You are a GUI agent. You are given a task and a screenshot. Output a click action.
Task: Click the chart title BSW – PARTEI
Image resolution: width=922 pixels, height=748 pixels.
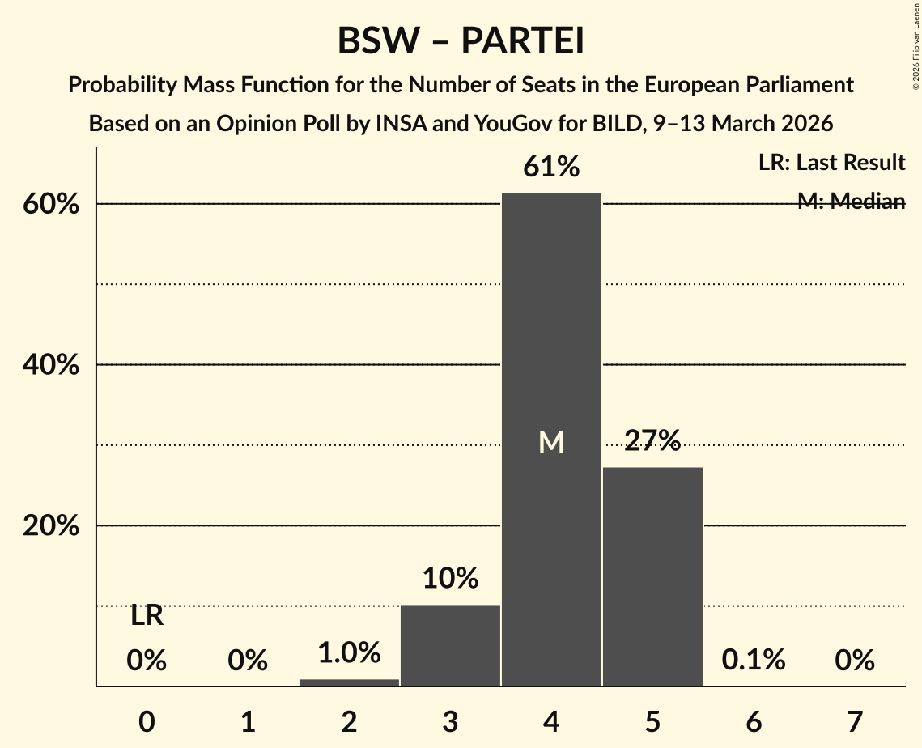click(x=461, y=41)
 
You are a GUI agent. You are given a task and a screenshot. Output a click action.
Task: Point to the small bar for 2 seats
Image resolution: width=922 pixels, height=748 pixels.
click(x=349, y=682)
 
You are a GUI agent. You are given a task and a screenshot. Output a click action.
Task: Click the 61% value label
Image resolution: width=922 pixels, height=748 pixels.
click(x=551, y=168)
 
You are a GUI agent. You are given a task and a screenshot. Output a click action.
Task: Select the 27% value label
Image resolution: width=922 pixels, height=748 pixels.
click(x=652, y=440)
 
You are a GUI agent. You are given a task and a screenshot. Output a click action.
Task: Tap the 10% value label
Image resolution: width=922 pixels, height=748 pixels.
click(x=450, y=578)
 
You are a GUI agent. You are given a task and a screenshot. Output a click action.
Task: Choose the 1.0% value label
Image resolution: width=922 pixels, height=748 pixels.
click(x=349, y=652)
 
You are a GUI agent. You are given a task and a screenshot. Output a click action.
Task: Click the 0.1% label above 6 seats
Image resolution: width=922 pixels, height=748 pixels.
click(x=754, y=661)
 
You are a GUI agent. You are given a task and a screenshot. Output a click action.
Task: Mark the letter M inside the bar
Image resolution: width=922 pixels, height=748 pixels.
click(x=551, y=442)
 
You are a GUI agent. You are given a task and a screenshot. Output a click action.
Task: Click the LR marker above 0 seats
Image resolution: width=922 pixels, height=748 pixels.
click(x=147, y=617)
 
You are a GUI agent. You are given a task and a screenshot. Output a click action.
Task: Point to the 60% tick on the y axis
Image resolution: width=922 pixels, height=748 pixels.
click(x=51, y=204)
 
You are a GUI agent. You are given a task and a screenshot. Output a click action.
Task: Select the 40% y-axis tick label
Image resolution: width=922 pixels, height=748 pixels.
click(x=51, y=365)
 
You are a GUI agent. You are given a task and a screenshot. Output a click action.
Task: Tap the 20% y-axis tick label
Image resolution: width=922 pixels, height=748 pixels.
click(x=51, y=526)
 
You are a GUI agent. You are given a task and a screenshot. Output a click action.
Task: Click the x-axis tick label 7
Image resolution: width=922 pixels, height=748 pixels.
click(x=855, y=720)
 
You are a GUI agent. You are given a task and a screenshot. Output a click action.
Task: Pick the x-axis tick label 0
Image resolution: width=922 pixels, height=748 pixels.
click(x=147, y=720)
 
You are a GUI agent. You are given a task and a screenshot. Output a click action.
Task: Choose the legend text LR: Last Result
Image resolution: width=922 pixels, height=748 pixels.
click(x=831, y=163)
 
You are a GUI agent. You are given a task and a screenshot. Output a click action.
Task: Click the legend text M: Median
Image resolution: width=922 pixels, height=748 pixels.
click(x=851, y=201)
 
